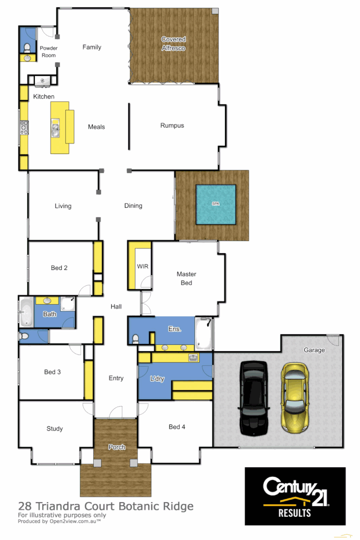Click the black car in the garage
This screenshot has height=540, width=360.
(x=254, y=398)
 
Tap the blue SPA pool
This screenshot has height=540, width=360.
(x=216, y=204)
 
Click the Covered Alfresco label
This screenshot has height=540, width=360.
(x=173, y=44)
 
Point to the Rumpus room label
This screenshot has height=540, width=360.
(x=172, y=126)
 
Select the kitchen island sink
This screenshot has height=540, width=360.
(x=55, y=128)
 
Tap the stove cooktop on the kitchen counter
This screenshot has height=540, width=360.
(x=24, y=127)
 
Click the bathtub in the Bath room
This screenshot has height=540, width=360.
(x=26, y=313)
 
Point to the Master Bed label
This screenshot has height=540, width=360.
(x=186, y=278)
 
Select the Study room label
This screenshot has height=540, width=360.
(x=54, y=429)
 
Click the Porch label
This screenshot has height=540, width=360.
(x=116, y=447)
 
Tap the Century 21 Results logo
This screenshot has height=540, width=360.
(x=295, y=496)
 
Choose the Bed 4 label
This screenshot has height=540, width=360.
(x=177, y=427)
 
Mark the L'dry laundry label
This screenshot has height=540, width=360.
(x=156, y=379)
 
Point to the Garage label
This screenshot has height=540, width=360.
(x=314, y=350)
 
